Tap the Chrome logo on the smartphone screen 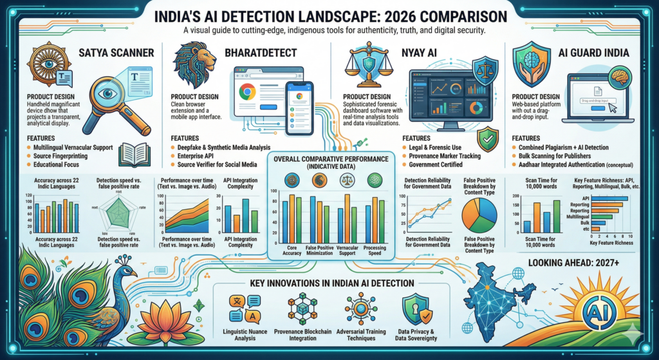click(298, 97)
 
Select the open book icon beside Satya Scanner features click(136, 154)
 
